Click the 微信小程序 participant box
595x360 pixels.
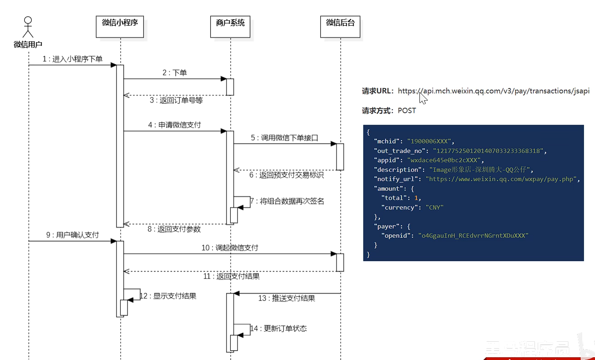120,27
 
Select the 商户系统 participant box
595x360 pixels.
230,27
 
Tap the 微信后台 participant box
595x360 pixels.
340,27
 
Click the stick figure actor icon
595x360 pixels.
28,27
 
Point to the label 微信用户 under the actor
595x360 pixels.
28,44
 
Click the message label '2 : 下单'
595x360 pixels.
175,72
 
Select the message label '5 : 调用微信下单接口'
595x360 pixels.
285,137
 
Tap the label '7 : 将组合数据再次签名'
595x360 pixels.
287,201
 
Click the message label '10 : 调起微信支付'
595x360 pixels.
230,248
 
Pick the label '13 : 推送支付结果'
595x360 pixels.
286,298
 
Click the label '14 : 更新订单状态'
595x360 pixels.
279,328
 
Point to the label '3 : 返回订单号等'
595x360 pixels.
176,100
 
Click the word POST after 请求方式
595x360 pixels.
407,110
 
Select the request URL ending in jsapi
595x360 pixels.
494,91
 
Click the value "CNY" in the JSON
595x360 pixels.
435,207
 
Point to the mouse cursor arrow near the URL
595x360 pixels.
423,98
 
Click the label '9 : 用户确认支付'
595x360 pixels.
72,235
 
